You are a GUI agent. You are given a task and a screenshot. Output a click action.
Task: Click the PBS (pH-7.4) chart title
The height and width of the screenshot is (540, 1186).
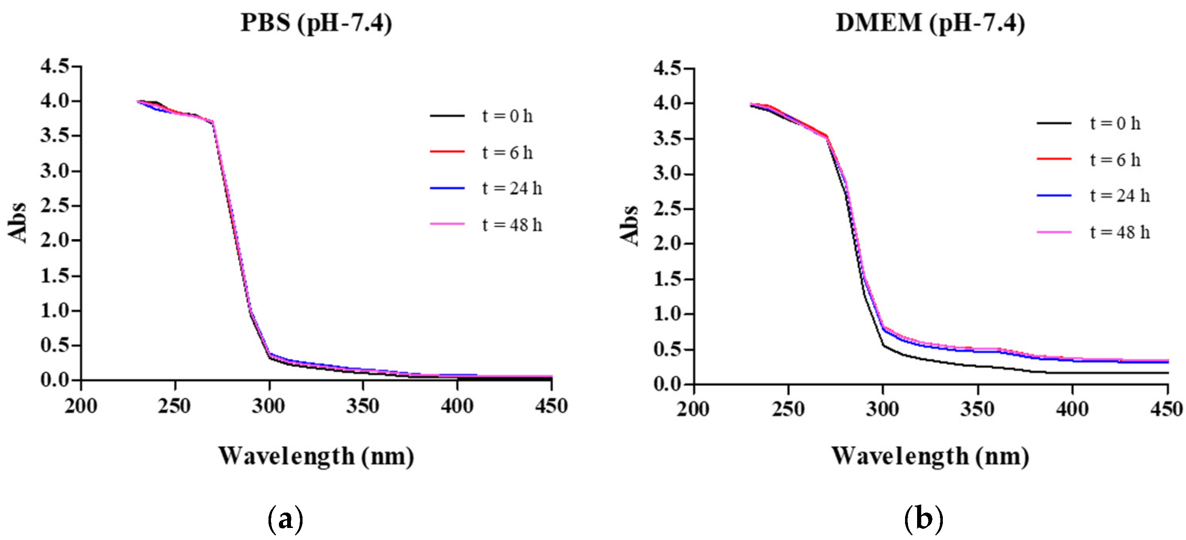click(x=316, y=23)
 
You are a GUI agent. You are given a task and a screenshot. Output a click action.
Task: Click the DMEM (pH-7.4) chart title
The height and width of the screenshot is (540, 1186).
click(x=930, y=23)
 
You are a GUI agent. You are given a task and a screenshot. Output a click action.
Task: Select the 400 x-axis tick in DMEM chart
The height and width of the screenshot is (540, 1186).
click(x=1072, y=409)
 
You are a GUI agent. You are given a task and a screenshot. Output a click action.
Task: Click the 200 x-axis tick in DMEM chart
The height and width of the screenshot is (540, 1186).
click(x=693, y=409)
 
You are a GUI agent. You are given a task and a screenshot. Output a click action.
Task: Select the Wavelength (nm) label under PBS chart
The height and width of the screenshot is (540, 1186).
click(x=316, y=456)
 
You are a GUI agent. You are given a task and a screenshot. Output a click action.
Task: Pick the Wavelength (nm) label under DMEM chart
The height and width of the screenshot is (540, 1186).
click(x=930, y=456)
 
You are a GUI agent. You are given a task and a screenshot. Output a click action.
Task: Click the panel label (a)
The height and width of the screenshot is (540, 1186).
click(x=286, y=519)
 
